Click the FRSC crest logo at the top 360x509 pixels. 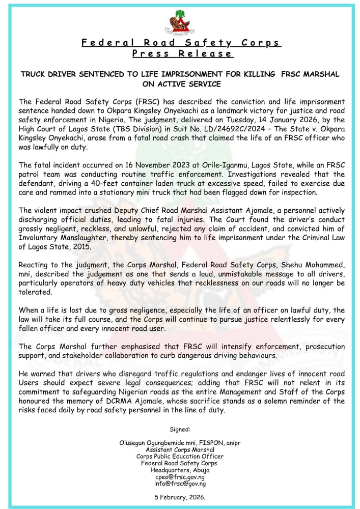(x=181, y=23)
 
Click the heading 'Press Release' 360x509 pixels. (x=182, y=53)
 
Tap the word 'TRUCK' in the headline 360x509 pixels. (x=34, y=74)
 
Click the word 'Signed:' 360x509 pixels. (x=180, y=430)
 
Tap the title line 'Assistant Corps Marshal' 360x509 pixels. (x=180, y=450)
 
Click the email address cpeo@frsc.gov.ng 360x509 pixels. (x=180, y=477)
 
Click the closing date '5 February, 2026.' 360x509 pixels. (x=180, y=497)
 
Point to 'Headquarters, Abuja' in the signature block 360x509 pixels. (x=180, y=470)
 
